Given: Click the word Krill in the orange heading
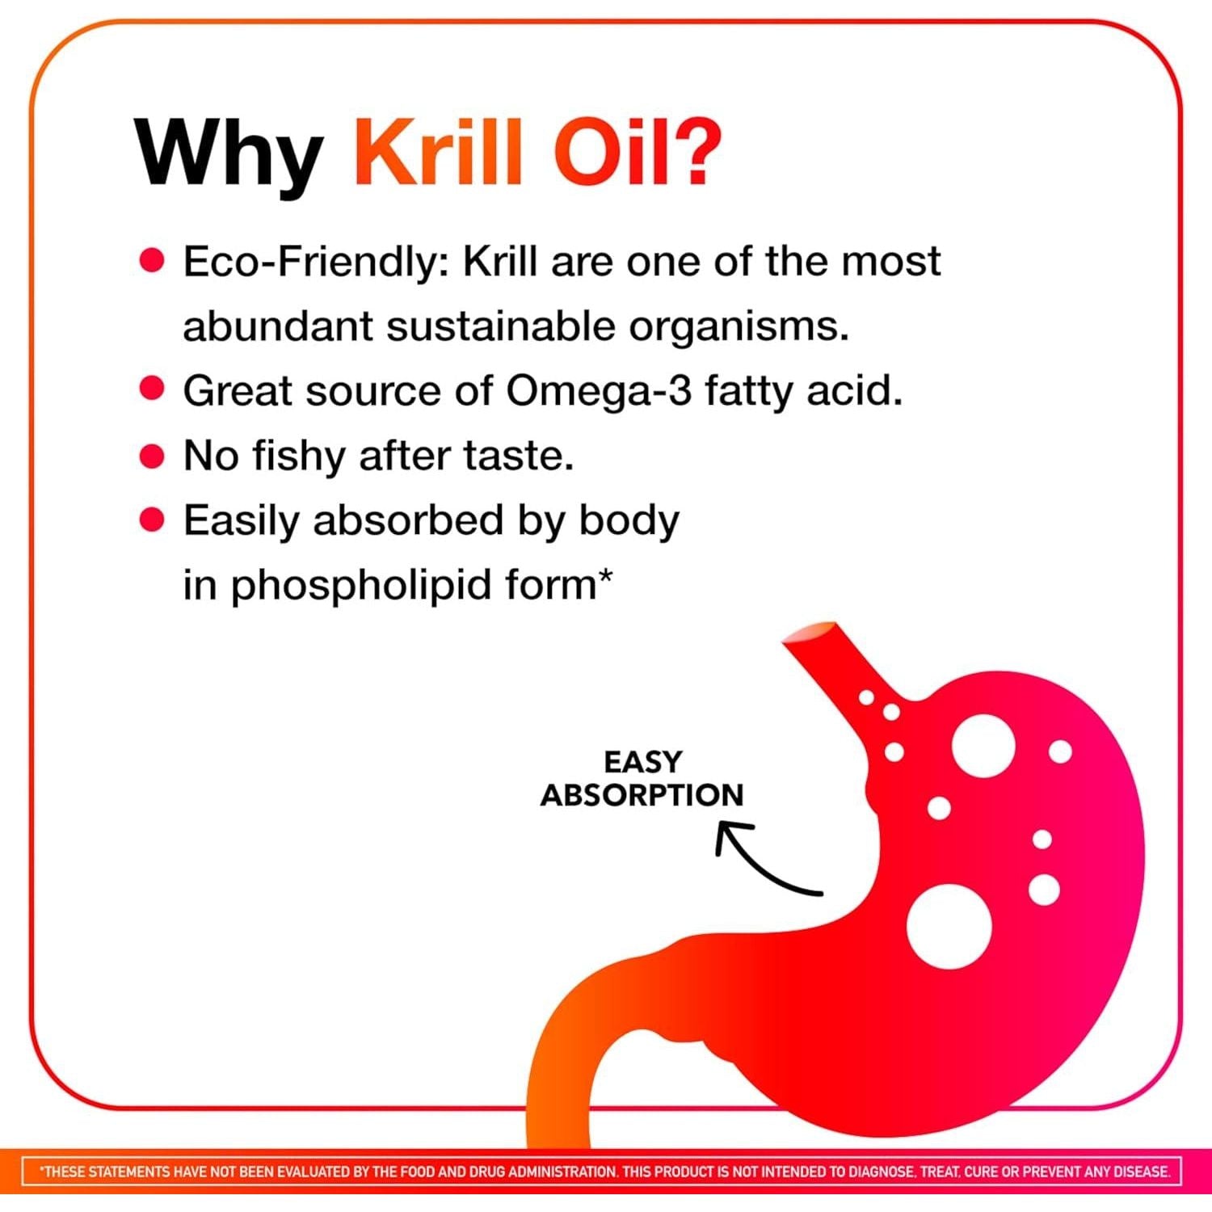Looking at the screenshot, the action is point(439,151).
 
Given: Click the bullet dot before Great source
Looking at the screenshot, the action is point(152,389).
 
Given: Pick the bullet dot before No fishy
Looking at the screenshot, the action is point(152,456).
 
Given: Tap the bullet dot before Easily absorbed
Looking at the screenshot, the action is point(152,520).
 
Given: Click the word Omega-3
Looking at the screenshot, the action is point(600,393).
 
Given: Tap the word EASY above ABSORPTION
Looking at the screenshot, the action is point(643,762).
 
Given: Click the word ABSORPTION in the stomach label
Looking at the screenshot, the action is point(642,795).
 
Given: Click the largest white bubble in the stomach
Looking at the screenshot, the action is point(949,927).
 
